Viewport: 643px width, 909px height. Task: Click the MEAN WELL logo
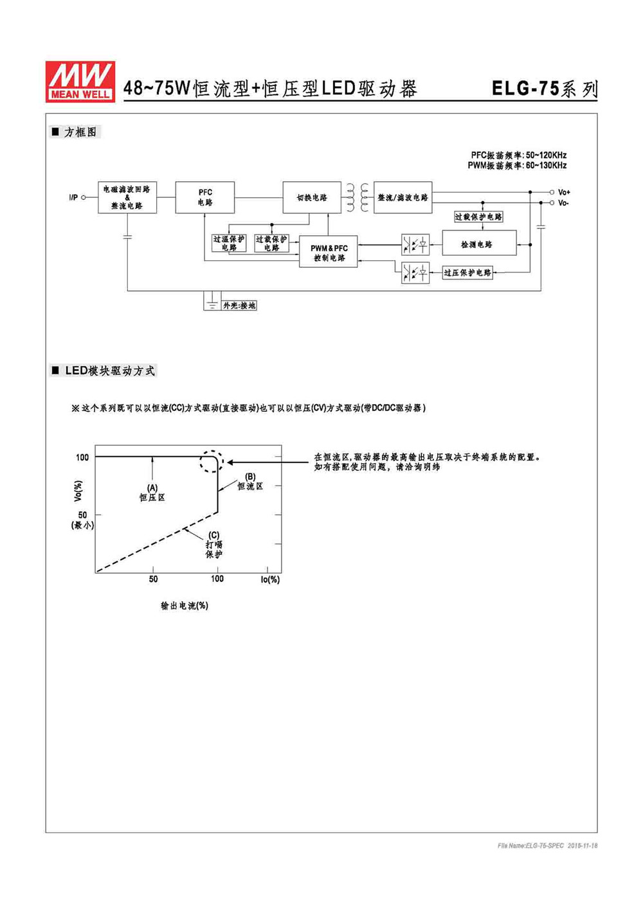click(x=80, y=82)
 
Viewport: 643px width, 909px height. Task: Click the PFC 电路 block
click(x=204, y=197)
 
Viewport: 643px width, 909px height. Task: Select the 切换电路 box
click(x=312, y=197)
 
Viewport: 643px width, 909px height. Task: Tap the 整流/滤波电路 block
click(x=403, y=197)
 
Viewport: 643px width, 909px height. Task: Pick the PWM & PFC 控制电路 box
click(x=328, y=251)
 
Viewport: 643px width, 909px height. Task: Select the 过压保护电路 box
click(x=467, y=272)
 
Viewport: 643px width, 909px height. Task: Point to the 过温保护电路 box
click(x=229, y=243)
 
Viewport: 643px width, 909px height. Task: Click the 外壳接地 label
click(x=239, y=306)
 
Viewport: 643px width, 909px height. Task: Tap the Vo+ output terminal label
click(x=564, y=192)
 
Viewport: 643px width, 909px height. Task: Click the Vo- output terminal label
click(x=563, y=203)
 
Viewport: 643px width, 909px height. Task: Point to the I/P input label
click(x=73, y=198)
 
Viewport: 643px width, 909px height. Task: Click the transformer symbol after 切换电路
click(x=358, y=198)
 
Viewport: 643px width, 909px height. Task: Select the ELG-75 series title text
click(x=544, y=89)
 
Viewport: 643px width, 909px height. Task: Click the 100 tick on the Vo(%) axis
click(x=82, y=457)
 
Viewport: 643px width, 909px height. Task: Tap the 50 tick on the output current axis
click(x=153, y=579)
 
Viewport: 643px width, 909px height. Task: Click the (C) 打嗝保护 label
click(x=213, y=545)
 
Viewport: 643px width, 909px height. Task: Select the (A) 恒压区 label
click(x=152, y=493)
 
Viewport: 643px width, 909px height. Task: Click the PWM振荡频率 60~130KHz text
click(x=517, y=166)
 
